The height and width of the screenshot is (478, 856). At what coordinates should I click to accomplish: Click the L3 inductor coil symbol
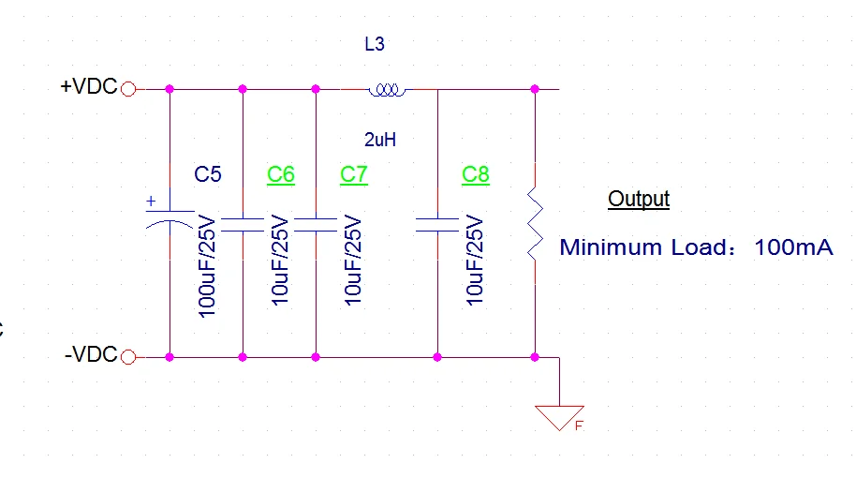[387, 90]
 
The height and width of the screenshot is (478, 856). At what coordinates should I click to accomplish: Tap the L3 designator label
[375, 44]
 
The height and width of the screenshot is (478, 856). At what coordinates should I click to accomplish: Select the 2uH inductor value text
[380, 140]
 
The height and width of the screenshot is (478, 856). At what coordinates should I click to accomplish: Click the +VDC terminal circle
[128, 89]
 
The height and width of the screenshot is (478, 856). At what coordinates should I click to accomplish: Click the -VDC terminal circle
[128, 357]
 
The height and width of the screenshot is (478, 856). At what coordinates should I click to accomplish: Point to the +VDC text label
[89, 86]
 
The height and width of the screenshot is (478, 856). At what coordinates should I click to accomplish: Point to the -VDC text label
[91, 354]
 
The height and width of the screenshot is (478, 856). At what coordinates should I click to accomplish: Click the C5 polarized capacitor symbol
[170, 219]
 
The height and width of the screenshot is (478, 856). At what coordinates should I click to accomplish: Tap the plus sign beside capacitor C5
[151, 201]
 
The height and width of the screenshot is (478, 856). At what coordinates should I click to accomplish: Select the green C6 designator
[281, 175]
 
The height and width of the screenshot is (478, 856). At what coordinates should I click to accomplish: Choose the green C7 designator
[354, 175]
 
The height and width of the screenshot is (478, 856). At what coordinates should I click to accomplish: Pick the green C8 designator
[476, 175]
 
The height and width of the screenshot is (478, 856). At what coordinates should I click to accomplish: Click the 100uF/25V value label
[207, 266]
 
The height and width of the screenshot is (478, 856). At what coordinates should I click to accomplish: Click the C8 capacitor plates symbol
[437, 225]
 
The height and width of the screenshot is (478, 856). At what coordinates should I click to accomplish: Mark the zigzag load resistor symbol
[535, 223]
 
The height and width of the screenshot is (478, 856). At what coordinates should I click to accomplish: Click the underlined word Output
[639, 199]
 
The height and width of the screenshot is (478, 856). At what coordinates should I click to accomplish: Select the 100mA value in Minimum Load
[794, 246]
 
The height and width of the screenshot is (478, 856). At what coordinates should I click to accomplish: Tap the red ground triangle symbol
[559, 418]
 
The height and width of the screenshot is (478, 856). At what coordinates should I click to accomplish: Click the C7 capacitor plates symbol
[316, 225]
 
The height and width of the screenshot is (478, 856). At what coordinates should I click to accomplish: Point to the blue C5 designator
[208, 174]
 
